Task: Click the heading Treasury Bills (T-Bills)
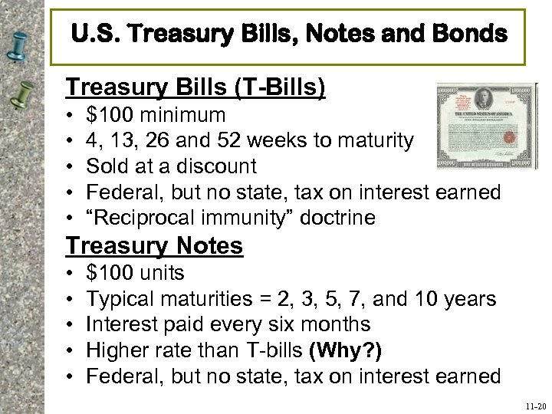coord(195,87)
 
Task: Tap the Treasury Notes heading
coord(155,245)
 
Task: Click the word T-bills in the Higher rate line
coord(268,350)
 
